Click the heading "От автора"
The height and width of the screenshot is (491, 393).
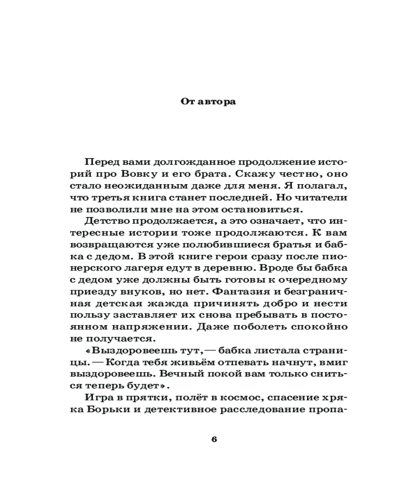point(202,102)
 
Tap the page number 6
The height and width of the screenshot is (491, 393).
point(214,439)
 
